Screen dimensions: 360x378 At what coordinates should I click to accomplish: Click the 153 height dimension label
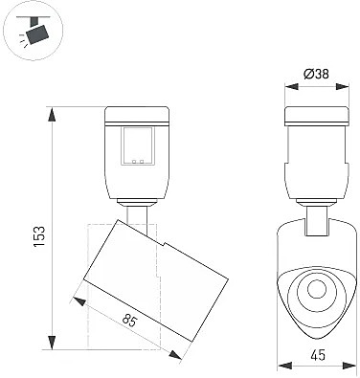click(38, 236)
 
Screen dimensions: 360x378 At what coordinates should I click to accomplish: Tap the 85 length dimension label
click(129, 321)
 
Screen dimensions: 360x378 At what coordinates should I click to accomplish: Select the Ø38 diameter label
click(316, 75)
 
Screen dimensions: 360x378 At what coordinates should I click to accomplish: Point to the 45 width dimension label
click(317, 355)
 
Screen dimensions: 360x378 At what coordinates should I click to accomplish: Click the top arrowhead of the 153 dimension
click(52, 114)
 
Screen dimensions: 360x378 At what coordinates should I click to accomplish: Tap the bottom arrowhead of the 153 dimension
click(52, 343)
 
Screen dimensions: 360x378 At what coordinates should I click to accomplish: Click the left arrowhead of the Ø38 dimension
click(291, 86)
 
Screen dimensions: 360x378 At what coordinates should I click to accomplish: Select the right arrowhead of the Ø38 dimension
click(342, 86)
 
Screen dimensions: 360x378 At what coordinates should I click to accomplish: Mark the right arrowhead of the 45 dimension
click(349, 366)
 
